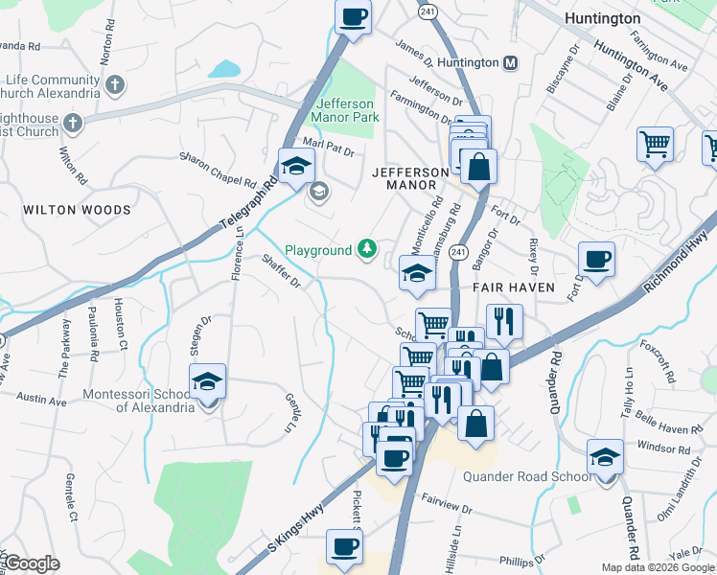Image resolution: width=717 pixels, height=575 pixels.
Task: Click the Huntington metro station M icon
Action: [511, 62]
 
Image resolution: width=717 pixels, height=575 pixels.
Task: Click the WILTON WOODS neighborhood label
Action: [77, 210]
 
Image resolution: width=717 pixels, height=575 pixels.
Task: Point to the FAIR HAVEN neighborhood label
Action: [507, 287]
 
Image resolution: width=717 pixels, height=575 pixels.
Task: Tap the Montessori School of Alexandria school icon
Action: [208, 383]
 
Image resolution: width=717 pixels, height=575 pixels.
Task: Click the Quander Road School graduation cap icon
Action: [605, 458]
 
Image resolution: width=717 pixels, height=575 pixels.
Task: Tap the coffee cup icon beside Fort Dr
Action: [596, 260]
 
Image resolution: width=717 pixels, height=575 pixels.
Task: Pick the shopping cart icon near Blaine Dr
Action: [655, 145]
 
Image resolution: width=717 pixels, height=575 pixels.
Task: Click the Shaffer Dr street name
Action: [282, 270]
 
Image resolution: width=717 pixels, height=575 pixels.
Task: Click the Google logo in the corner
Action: [32, 563]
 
